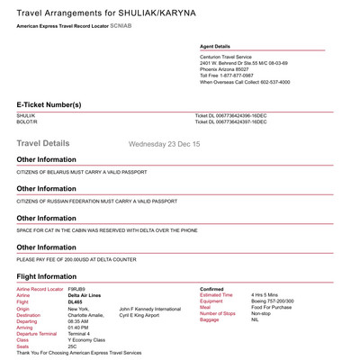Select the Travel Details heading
point(55,143)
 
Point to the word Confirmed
point(214,289)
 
